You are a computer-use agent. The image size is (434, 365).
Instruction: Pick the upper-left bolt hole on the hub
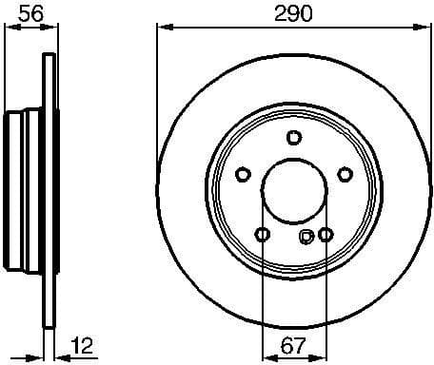(242, 174)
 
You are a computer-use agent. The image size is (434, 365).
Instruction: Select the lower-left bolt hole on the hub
(262, 234)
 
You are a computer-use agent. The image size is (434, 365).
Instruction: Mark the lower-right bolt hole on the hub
(325, 234)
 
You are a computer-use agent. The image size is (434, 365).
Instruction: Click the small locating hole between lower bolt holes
(306, 237)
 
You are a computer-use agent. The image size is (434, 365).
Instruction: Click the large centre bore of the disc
(293, 190)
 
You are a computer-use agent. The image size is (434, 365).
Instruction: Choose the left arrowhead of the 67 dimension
(266, 355)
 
